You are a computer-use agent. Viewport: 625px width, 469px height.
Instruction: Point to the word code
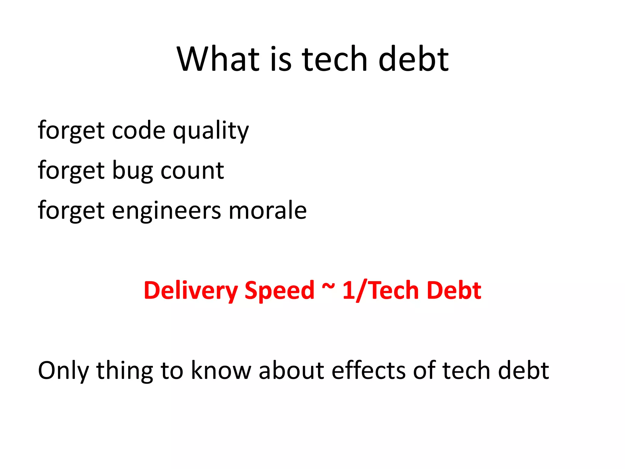pyautogui.click(x=139, y=131)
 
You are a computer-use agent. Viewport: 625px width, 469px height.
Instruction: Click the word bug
pyautogui.click(x=132, y=171)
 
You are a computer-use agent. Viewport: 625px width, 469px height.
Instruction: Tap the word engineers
pyautogui.click(x=166, y=211)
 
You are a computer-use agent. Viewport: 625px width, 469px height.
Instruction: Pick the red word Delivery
pyautogui.click(x=190, y=290)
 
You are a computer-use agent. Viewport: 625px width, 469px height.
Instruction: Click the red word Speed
pyautogui.click(x=279, y=290)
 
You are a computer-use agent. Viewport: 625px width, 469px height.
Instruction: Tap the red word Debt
pyautogui.click(x=454, y=290)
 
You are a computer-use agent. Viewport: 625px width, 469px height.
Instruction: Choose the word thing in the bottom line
pyautogui.click(x=125, y=371)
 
